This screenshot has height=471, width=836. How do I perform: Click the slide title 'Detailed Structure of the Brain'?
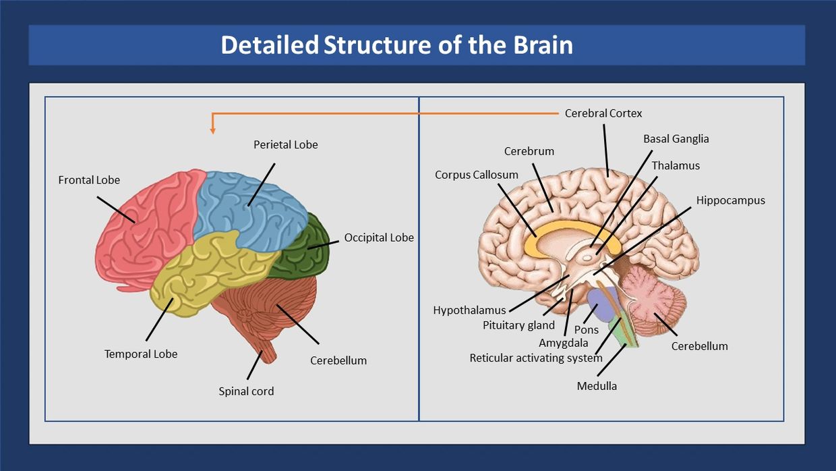(x=396, y=45)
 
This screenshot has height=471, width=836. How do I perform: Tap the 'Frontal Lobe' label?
(x=89, y=180)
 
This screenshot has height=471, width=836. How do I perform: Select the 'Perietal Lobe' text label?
(x=285, y=144)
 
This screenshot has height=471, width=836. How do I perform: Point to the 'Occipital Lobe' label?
(x=379, y=238)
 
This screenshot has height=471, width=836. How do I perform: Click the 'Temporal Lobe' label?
(x=141, y=354)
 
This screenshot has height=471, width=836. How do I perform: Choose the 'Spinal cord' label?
(x=246, y=391)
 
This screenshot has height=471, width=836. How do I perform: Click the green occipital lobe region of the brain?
(x=307, y=250)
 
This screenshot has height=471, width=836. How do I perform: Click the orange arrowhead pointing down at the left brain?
(x=213, y=130)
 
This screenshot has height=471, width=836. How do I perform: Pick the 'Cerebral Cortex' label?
(x=603, y=113)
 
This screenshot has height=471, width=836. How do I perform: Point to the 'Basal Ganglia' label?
(x=676, y=139)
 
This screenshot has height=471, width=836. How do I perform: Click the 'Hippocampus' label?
(x=730, y=200)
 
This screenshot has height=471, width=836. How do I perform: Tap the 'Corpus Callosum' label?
(x=477, y=175)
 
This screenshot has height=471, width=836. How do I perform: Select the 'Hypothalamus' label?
(x=469, y=310)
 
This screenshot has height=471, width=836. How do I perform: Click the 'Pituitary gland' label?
(x=518, y=325)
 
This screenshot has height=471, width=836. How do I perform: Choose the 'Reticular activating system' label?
(x=536, y=358)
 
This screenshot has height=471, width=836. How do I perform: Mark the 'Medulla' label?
(x=597, y=386)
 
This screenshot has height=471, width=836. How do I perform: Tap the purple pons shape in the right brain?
(x=602, y=304)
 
